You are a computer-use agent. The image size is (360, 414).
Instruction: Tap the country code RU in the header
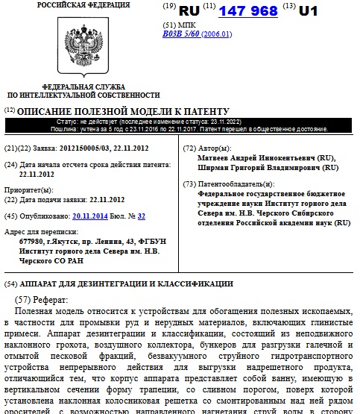coord(190,10)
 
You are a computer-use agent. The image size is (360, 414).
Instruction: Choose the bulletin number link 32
coord(141,216)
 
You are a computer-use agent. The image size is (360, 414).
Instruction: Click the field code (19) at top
coord(169,7)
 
